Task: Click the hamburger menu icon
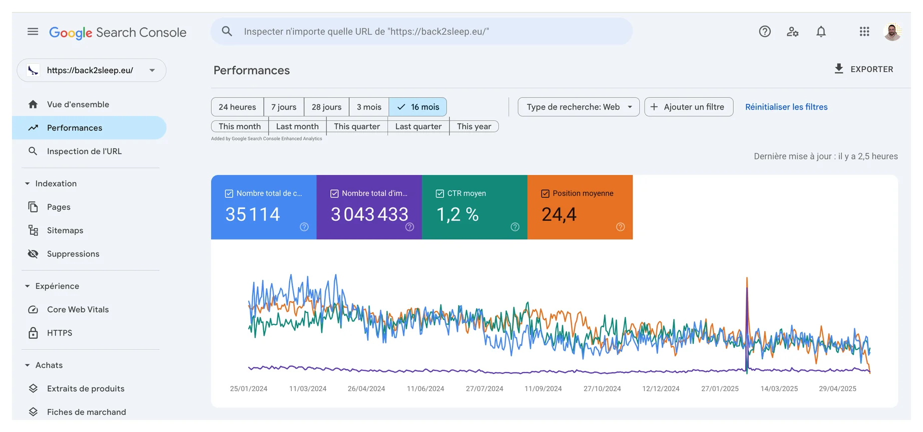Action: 33,32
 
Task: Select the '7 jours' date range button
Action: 284,107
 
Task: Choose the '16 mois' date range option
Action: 418,107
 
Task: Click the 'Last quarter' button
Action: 418,126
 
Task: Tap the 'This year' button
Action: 474,126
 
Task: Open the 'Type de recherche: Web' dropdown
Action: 579,107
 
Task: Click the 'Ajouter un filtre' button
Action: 689,107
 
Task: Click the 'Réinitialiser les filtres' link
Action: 786,107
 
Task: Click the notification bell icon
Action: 821,32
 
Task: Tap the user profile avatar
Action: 892,32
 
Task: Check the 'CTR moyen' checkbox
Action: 440,193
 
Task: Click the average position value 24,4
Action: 559,214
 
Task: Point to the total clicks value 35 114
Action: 253,214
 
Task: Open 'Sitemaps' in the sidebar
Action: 65,230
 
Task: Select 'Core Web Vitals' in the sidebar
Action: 78,309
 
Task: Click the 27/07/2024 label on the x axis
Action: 484,388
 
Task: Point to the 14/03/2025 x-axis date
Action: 779,388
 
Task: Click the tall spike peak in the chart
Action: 747,278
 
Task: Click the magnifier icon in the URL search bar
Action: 227,31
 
